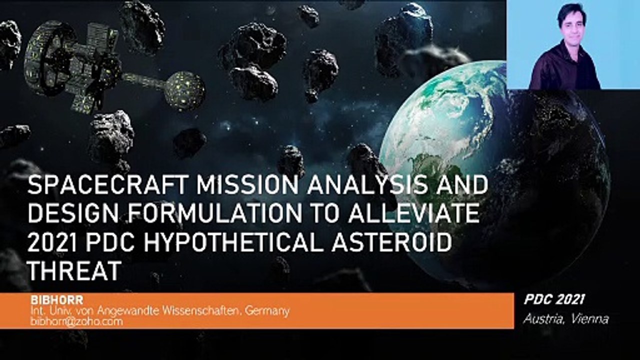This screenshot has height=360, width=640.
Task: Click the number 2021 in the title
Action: pos(52,242)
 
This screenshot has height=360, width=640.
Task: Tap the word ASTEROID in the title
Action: pos(391,242)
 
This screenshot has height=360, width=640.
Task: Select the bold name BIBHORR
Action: pos(57,300)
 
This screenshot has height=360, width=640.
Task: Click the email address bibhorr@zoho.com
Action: pos(76,321)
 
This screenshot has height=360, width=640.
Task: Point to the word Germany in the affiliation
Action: pos(267,311)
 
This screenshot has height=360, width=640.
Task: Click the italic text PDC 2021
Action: pos(554,299)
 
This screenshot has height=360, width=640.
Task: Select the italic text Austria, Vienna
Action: pos(566,319)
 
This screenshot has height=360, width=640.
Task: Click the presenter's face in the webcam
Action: pos(572,25)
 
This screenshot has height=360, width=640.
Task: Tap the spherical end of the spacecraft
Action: pos(185,91)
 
